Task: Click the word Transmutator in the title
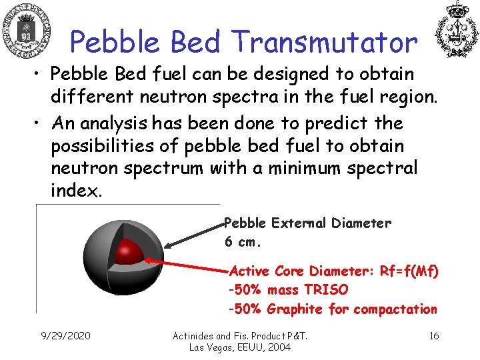[x=325, y=43]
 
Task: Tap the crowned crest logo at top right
[x=457, y=29]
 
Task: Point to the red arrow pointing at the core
[x=187, y=265]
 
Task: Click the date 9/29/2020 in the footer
[x=65, y=335]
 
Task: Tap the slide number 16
[x=434, y=335]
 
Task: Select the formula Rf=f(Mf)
[x=409, y=271]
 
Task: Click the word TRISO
[x=326, y=290]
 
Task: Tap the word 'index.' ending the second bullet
[x=76, y=191]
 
